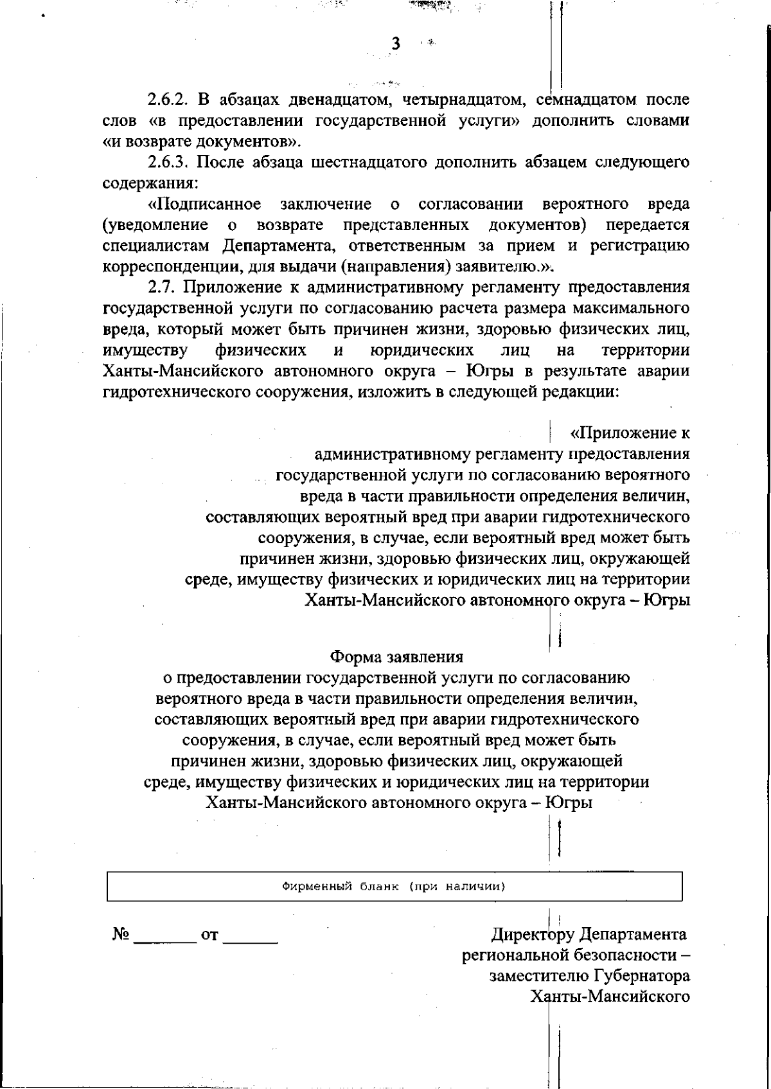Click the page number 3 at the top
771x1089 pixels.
[396, 44]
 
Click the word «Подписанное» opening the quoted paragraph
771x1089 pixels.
[205, 204]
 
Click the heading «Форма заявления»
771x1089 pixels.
[396, 657]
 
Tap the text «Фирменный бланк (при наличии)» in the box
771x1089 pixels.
[394, 887]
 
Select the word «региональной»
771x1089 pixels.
[513, 955]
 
